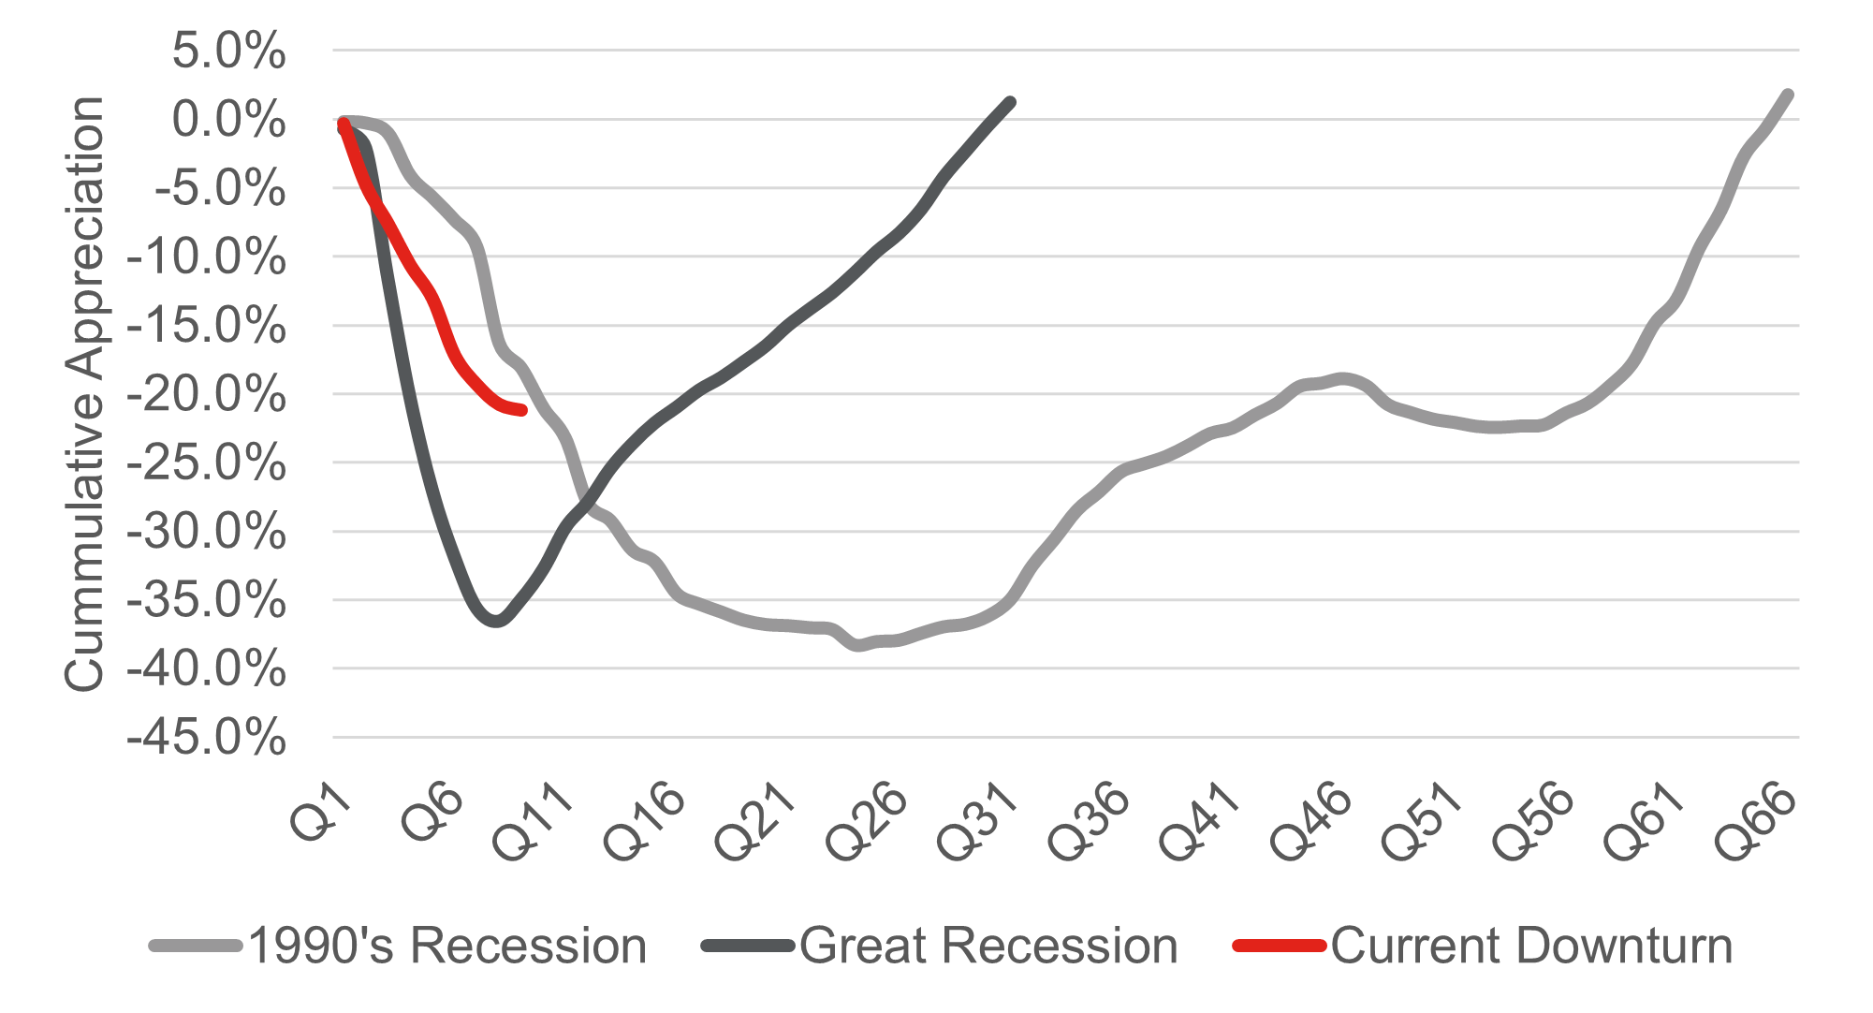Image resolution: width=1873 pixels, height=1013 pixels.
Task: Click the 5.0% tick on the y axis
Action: (x=228, y=51)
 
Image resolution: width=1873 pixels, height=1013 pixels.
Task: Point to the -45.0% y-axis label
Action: (x=207, y=738)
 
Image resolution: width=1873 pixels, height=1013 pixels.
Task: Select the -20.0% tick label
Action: (x=207, y=394)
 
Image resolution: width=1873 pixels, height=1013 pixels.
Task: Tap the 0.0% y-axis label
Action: (x=228, y=120)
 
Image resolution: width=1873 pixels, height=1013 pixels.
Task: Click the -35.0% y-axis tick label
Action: (x=207, y=600)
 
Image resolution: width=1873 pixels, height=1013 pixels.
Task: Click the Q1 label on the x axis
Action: (x=321, y=812)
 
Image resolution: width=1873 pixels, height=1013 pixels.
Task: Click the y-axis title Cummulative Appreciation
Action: (x=84, y=393)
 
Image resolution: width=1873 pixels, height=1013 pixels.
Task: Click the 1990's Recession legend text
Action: (x=447, y=946)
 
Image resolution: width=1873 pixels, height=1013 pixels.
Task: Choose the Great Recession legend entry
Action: (x=988, y=946)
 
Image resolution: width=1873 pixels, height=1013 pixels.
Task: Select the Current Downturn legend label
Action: (x=1531, y=946)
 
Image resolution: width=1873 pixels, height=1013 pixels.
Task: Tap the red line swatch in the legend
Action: (x=1279, y=946)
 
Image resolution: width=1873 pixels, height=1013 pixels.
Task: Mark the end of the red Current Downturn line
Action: (x=522, y=410)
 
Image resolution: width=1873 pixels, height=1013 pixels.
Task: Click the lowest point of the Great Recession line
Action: (x=496, y=621)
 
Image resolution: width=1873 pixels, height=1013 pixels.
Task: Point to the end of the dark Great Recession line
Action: (x=1011, y=101)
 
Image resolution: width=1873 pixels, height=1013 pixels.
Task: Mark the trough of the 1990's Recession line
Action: (x=858, y=645)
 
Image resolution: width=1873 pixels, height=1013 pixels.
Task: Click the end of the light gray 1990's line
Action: (x=1788, y=94)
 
